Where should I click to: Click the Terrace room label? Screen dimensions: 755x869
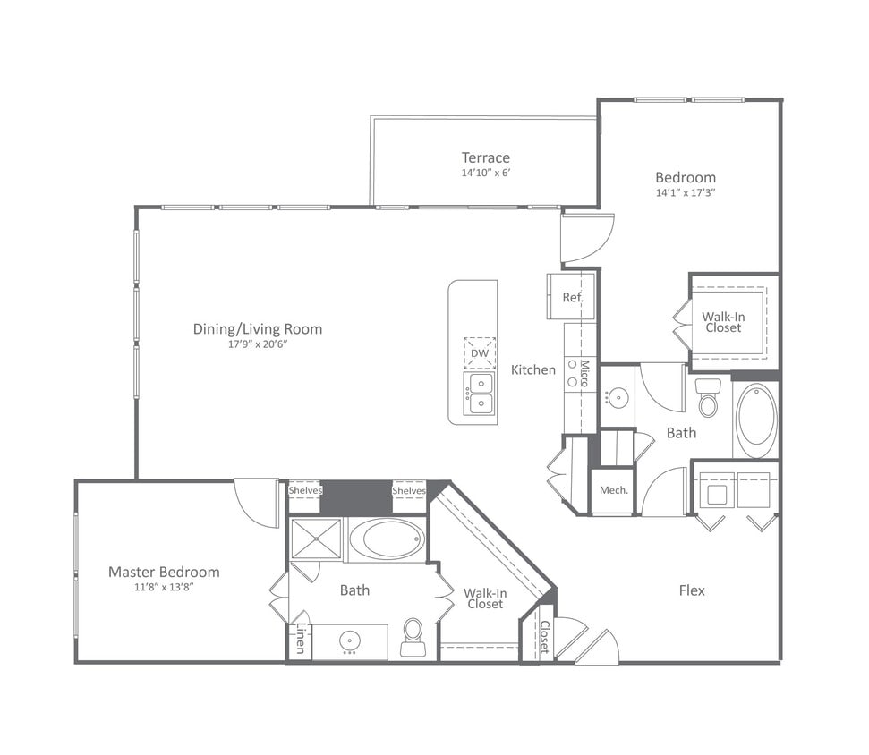tap(485, 158)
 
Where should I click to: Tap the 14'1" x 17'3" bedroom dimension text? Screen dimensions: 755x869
tap(685, 192)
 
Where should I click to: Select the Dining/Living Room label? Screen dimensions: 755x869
tap(258, 329)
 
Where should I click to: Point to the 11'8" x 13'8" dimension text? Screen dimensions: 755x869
tap(164, 588)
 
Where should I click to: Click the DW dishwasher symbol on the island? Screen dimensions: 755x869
tap(480, 352)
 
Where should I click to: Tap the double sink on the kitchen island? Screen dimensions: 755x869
tap(480, 394)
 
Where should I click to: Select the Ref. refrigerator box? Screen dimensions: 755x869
tap(572, 298)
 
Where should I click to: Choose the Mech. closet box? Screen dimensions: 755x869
tap(613, 491)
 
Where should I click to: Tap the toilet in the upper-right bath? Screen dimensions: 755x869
tap(708, 399)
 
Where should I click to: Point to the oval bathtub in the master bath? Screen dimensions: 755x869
tap(387, 539)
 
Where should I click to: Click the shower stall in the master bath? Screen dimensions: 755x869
tap(315, 539)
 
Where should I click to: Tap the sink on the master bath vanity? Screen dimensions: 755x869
tap(349, 641)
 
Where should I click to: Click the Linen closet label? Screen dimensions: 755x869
tap(300, 639)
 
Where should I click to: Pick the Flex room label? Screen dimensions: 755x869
tap(692, 590)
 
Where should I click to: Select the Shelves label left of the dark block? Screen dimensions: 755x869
tap(304, 490)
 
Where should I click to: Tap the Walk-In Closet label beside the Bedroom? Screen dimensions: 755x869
tap(723, 322)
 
